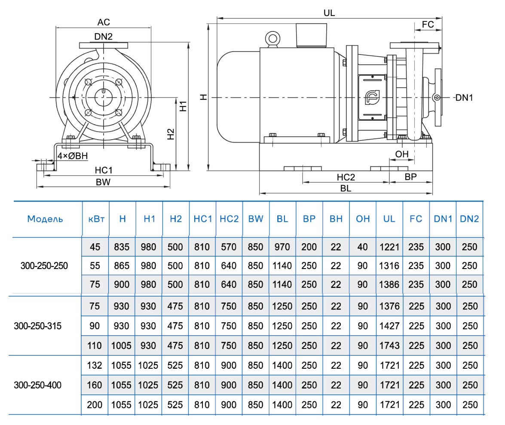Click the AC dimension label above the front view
[x=104, y=22]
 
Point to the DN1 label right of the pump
[x=464, y=98]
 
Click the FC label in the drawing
[x=428, y=24]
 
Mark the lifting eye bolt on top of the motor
[x=272, y=38]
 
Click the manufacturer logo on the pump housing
[x=370, y=97]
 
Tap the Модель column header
[x=45, y=219]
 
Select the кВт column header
[x=95, y=219]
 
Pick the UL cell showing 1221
[x=389, y=247]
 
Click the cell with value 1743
[x=389, y=346]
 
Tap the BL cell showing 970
[x=282, y=247]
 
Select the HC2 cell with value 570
[x=229, y=247]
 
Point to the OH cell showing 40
[x=362, y=247]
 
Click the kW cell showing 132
[x=95, y=365]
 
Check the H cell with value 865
[x=122, y=266]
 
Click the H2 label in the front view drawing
[x=171, y=134]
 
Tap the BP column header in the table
[x=309, y=219]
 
